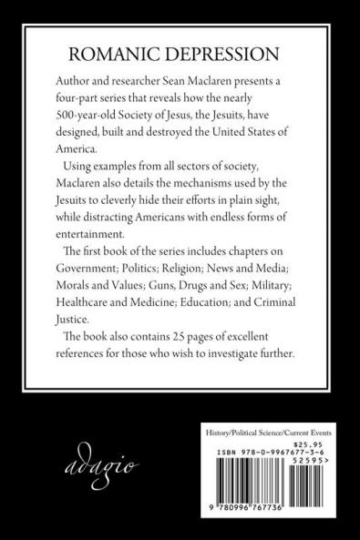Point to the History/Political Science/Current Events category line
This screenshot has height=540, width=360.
click(x=277, y=429)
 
